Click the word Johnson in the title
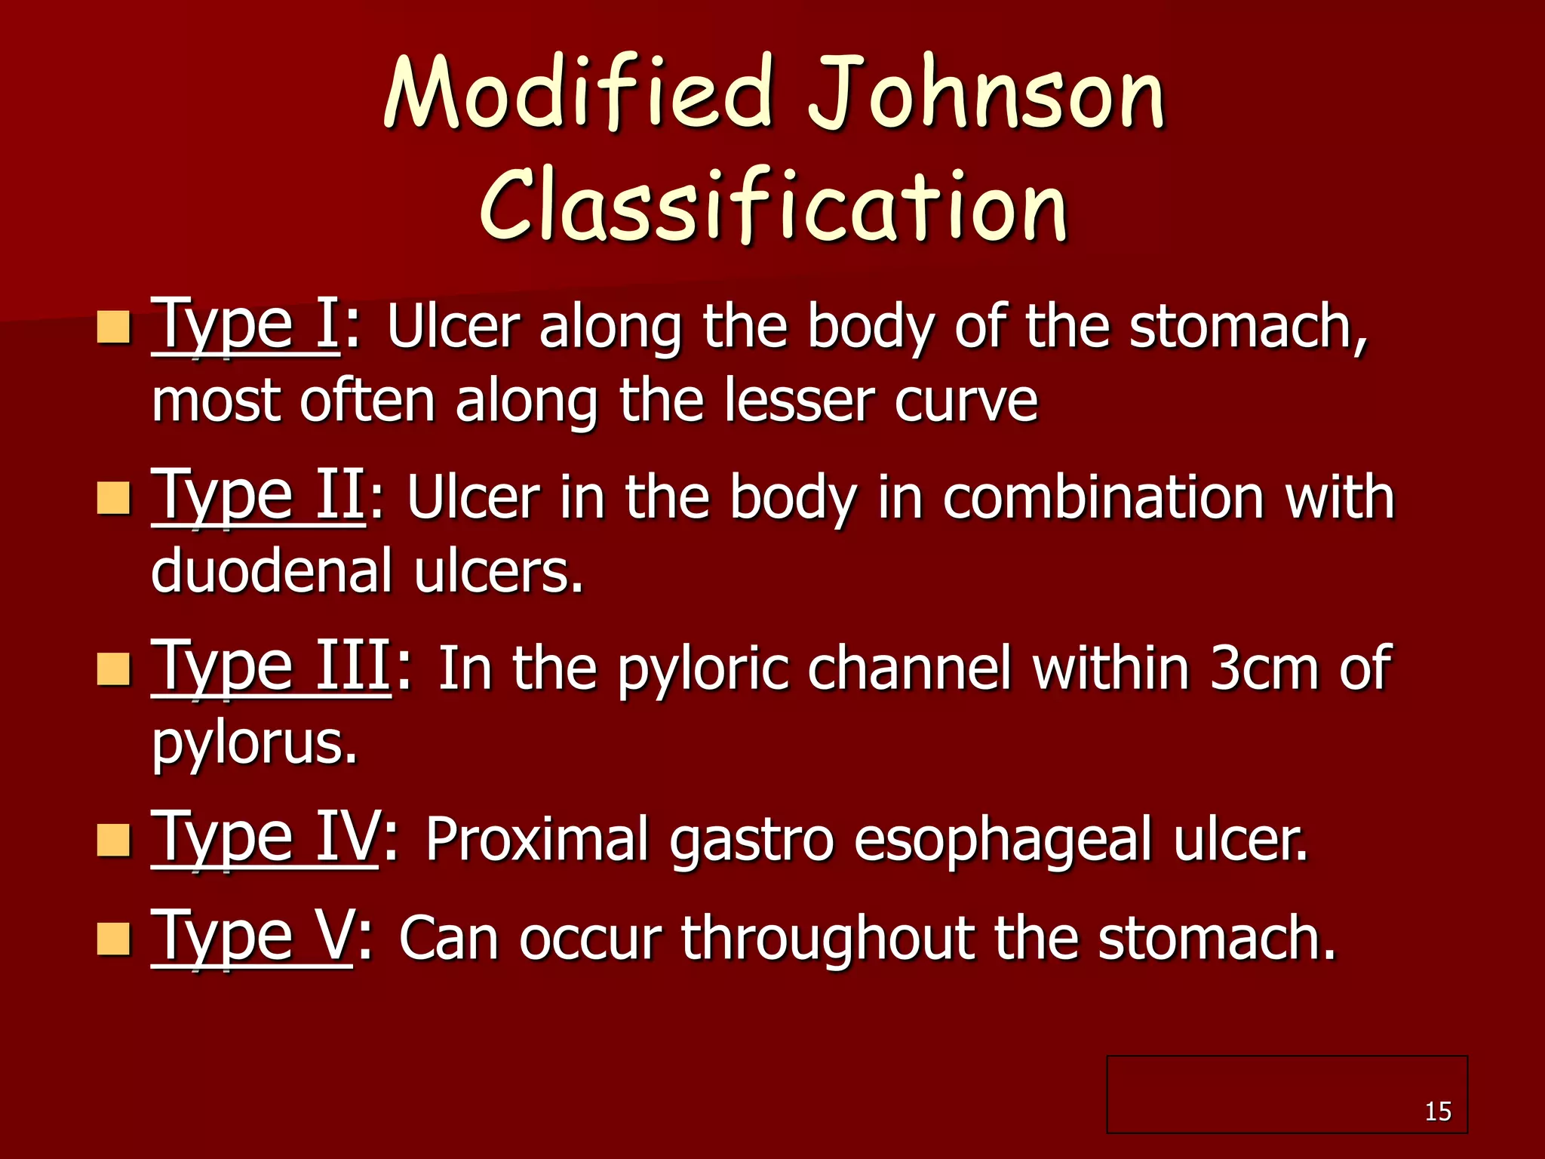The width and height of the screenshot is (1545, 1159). tap(987, 94)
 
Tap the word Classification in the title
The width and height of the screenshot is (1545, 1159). tap(773, 205)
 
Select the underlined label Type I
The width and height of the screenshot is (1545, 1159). tap(245, 325)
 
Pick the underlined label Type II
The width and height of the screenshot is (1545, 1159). tap(259, 496)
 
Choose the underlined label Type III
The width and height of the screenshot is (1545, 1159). tap(271, 667)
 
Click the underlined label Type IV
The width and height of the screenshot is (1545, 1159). tap(264, 838)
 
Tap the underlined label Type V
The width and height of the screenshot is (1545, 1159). tap(251, 936)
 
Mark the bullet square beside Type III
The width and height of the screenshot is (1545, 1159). tap(114, 669)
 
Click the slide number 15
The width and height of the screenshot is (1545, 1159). tap(1438, 1111)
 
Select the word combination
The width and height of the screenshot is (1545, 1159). tap(1104, 497)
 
